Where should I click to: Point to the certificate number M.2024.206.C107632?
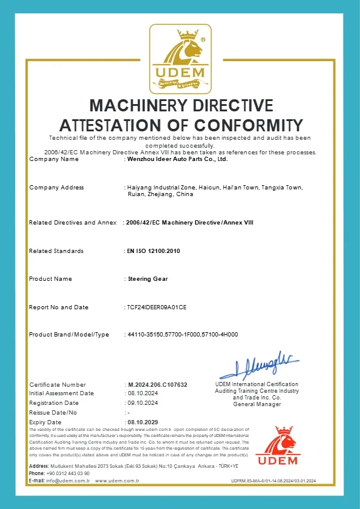157,385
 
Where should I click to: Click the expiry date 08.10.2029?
143,421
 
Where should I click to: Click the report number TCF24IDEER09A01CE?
157,307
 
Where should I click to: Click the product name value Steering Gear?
146,279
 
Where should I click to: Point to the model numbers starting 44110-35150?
182,335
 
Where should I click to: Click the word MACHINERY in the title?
131,105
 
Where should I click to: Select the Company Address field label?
56,188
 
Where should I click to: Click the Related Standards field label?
56,251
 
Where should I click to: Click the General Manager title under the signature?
257,404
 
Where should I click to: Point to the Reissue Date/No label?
54,412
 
